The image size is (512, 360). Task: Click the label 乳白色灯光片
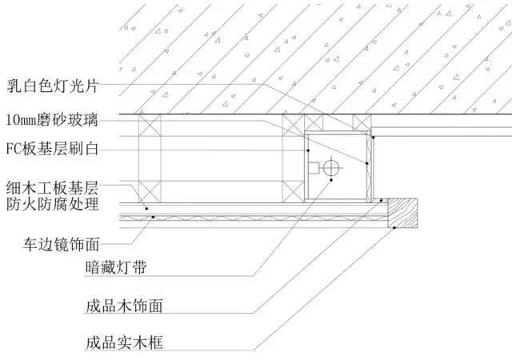click(53, 86)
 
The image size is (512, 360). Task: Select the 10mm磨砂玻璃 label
click(52, 119)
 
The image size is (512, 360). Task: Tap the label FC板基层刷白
click(52, 149)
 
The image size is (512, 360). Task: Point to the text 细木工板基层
click(52, 188)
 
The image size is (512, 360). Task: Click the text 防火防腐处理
click(52, 204)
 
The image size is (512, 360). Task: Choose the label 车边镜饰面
click(61, 244)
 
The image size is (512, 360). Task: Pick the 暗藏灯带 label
click(116, 267)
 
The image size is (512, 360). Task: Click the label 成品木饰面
click(124, 306)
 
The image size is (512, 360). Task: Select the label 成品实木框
click(124, 343)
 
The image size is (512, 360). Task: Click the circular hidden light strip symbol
click(331, 168)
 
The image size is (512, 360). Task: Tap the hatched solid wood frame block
click(402, 213)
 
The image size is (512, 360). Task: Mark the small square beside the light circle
click(314, 168)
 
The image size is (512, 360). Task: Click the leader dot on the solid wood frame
click(394, 228)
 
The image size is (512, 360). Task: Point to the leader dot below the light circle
click(331, 180)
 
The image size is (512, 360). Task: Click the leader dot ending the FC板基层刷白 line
click(308, 150)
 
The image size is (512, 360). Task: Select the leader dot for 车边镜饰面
click(153, 217)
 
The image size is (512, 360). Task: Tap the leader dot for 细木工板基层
click(146, 209)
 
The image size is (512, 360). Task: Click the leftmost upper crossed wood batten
click(150, 125)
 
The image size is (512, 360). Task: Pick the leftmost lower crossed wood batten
click(150, 192)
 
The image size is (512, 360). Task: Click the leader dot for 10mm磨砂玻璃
click(366, 163)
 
